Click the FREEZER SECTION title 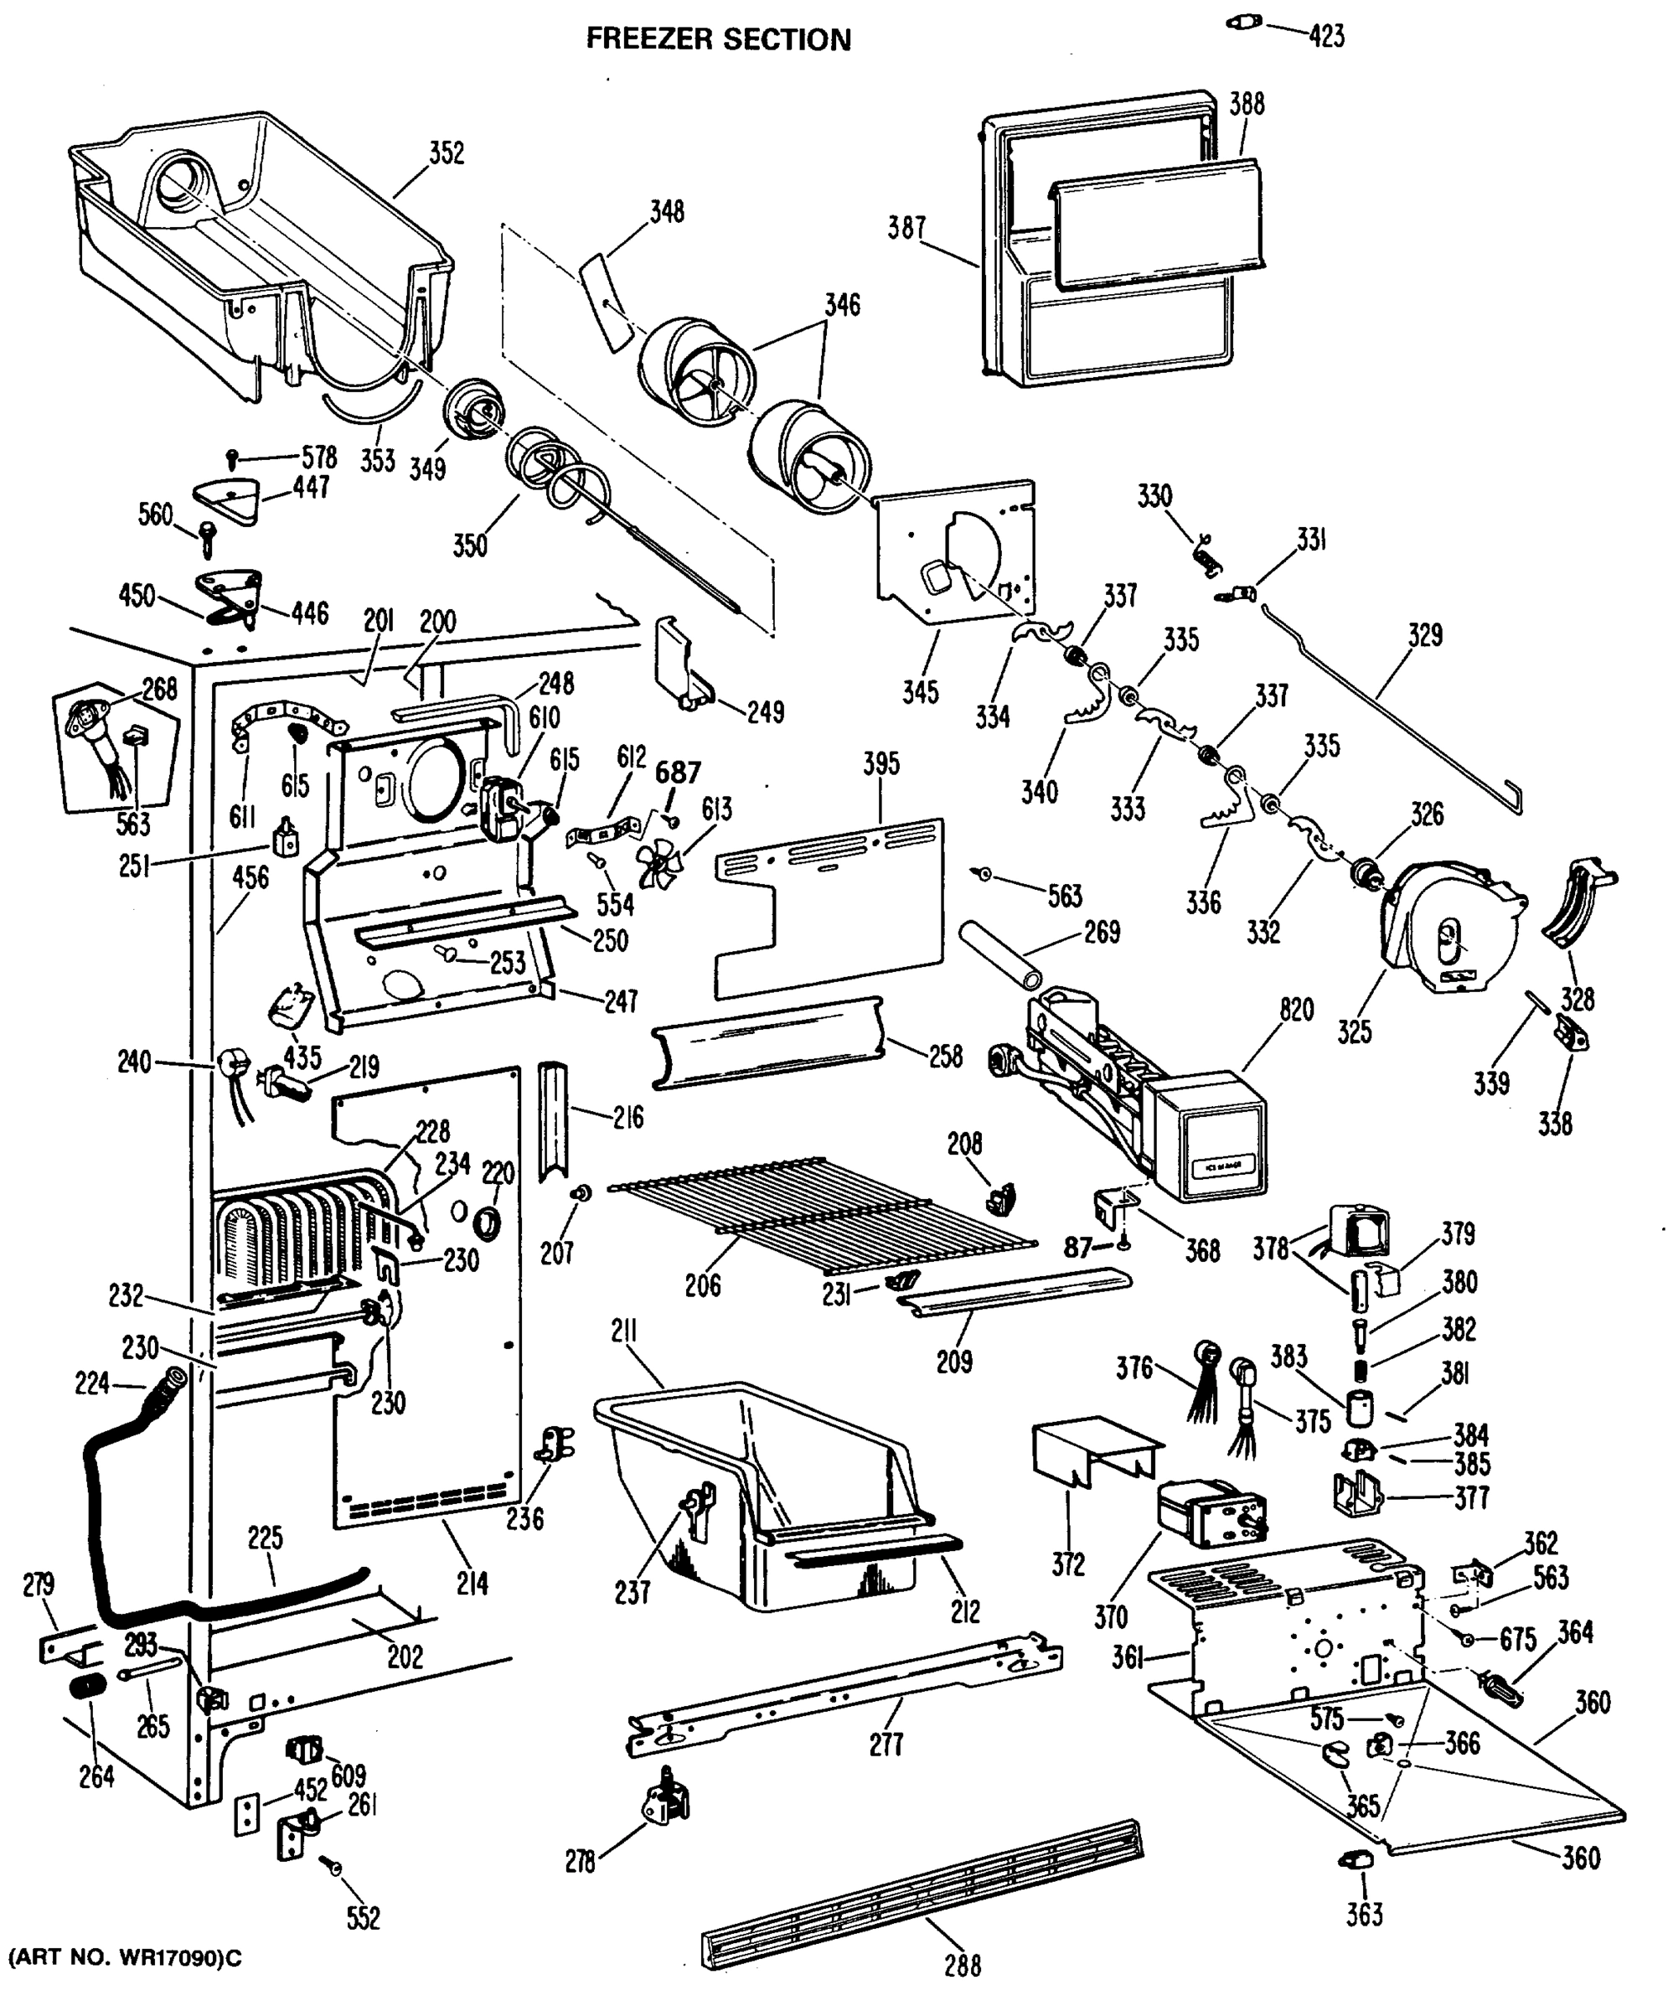pos(718,39)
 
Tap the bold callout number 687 pos(678,772)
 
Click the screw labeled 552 pos(335,1869)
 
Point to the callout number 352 pos(447,153)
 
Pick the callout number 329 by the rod pos(1425,635)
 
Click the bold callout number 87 pos(1078,1248)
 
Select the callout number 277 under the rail pos(886,1745)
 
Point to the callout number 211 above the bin pos(623,1332)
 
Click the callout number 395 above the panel pos(881,763)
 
